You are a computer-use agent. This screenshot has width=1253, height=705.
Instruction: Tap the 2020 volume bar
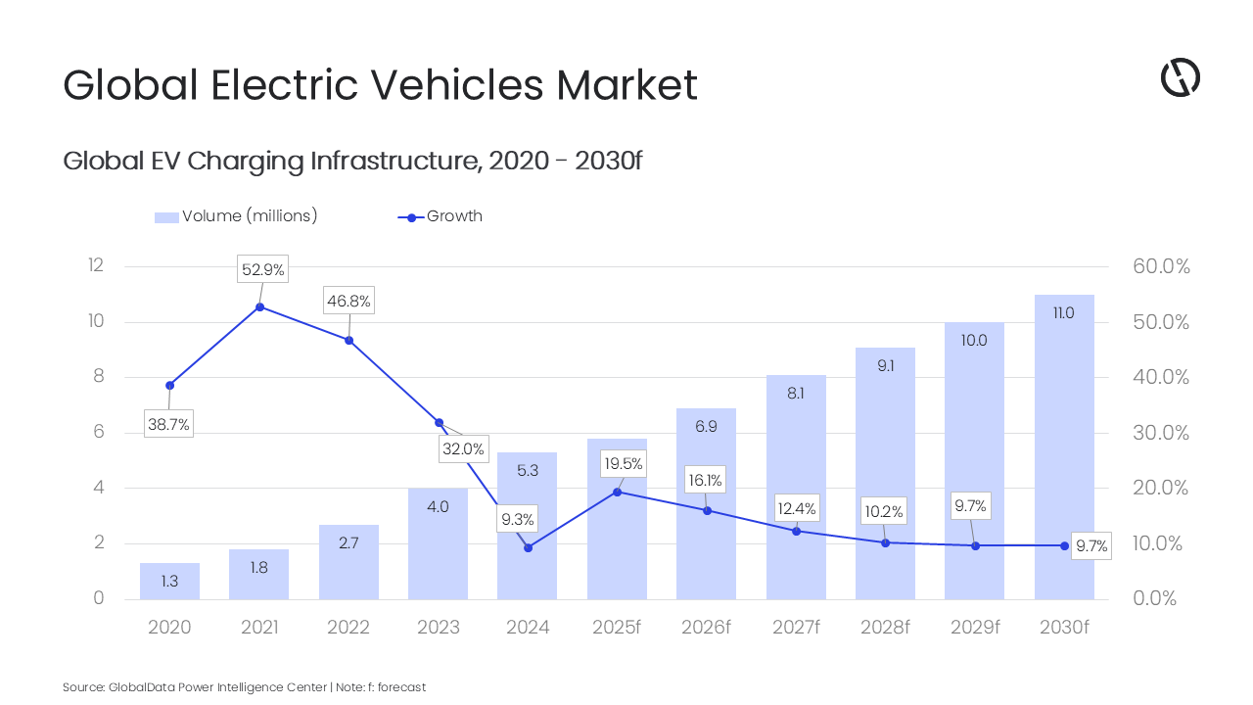pyautogui.click(x=169, y=582)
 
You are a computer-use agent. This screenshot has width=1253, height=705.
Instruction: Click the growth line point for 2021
pyautogui.click(x=259, y=306)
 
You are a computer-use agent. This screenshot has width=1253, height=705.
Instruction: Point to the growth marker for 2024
pyautogui.click(x=528, y=547)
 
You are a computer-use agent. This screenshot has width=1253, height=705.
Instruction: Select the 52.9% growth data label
pyautogui.click(x=263, y=269)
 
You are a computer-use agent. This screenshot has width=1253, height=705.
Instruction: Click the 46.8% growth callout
pyautogui.click(x=349, y=301)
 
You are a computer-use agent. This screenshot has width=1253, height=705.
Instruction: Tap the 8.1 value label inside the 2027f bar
pyautogui.click(x=796, y=394)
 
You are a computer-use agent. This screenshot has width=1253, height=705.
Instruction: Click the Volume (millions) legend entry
pyautogui.click(x=249, y=216)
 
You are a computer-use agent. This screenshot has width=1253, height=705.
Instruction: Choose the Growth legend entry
pyautogui.click(x=453, y=216)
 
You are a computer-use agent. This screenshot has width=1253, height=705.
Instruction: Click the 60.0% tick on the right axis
pyautogui.click(x=1161, y=266)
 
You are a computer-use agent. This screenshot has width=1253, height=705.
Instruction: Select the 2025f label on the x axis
pyautogui.click(x=617, y=628)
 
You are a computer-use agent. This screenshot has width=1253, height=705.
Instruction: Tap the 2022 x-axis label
pyautogui.click(x=348, y=628)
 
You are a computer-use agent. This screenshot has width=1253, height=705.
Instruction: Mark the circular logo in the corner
pyautogui.click(x=1180, y=77)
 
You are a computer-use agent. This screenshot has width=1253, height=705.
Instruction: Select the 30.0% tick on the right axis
pyautogui.click(x=1161, y=433)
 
